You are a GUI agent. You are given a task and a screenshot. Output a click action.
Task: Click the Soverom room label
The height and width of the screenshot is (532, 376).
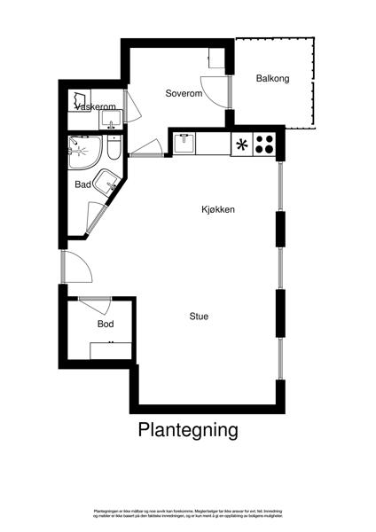coord(184,93)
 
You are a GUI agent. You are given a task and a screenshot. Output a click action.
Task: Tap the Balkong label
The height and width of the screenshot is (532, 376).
coord(273,78)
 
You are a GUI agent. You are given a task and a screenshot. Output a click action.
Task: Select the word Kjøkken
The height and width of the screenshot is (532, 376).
coord(217,210)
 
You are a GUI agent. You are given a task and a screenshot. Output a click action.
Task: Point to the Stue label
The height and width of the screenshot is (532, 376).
coord(199,316)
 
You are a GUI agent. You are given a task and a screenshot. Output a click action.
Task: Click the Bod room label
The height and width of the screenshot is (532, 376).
coord(106,325)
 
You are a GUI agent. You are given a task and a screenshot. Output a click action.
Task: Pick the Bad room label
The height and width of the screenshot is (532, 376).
coord(82,185)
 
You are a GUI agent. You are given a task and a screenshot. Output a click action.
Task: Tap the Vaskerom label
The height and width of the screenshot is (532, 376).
coord(98,106)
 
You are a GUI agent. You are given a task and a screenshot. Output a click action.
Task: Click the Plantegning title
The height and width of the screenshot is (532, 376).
coord(188,430)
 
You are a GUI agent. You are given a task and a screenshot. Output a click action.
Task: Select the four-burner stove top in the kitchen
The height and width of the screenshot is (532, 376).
coord(264,144)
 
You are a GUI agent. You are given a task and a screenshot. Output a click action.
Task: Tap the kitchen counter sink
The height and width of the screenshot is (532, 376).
coord(184,143)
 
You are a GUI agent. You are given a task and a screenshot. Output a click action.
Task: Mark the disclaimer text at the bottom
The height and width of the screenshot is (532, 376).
coord(188,515)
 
